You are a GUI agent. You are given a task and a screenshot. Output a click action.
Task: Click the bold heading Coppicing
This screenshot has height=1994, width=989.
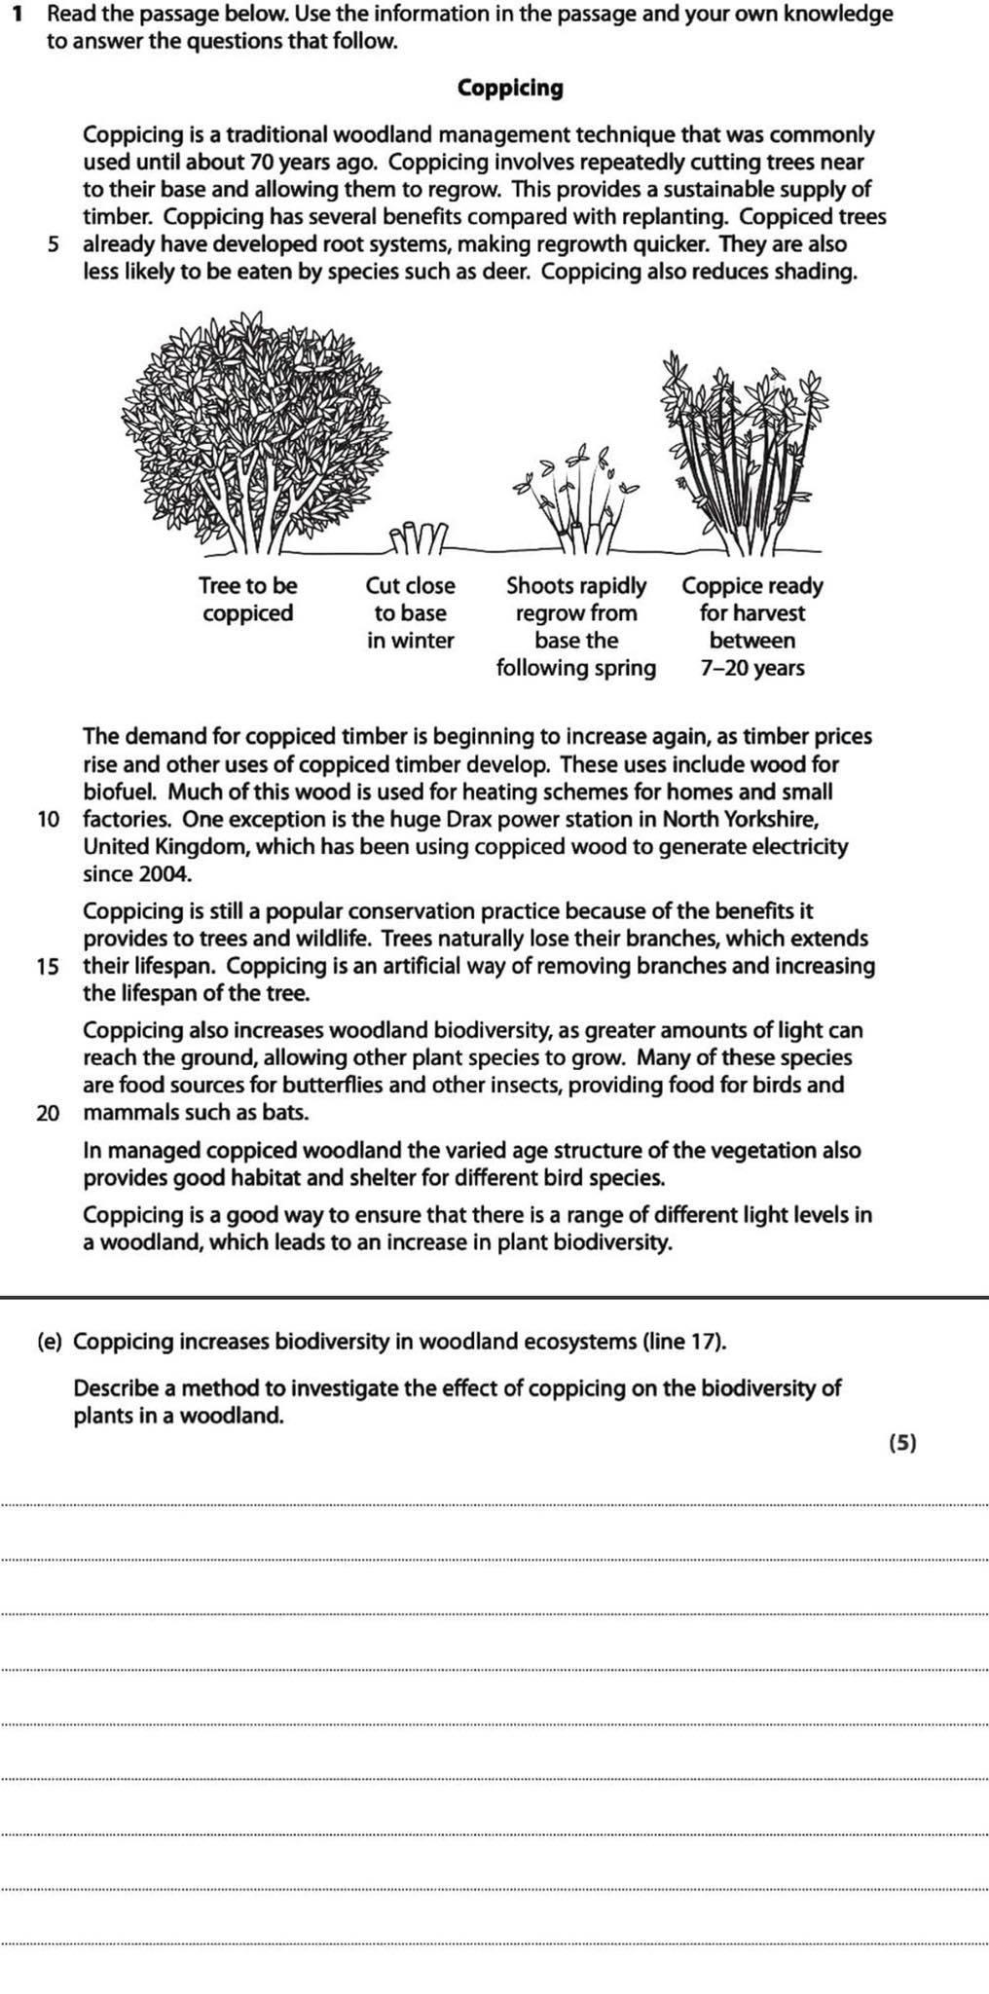(510, 89)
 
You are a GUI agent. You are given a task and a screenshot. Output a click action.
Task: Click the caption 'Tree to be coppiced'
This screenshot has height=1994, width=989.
(247, 599)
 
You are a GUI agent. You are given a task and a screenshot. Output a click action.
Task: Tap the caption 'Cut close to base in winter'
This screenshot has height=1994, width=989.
(410, 612)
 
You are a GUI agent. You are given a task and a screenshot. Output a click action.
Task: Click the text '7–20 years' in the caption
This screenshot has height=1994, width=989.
(752, 668)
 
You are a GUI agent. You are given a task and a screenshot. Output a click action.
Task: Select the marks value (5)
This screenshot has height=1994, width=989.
(903, 1443)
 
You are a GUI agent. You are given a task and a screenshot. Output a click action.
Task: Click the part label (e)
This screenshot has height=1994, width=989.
(50, 1342)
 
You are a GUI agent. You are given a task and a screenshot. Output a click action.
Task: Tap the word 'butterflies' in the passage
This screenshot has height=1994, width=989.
(325, 1085)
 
